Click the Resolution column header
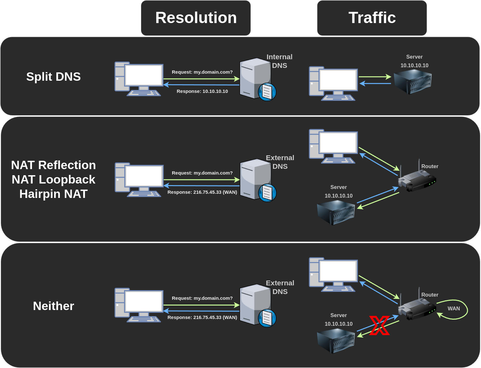coord(196,18)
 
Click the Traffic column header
coord(372,18)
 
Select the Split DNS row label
coord(53,77)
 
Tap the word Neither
coord(53,306)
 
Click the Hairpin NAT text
coord(53,194)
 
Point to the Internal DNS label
coord(279,61)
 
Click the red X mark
coord(379,325)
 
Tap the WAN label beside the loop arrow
coord(453,309)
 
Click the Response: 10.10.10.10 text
coord(202,91)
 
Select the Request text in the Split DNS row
coord(202,72)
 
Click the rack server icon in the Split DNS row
coord(413,82)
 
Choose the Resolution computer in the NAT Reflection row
coord(139,179)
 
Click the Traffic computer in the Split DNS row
coord(333,84)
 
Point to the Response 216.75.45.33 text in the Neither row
coord(202,317)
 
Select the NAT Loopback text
coord(53,180)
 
